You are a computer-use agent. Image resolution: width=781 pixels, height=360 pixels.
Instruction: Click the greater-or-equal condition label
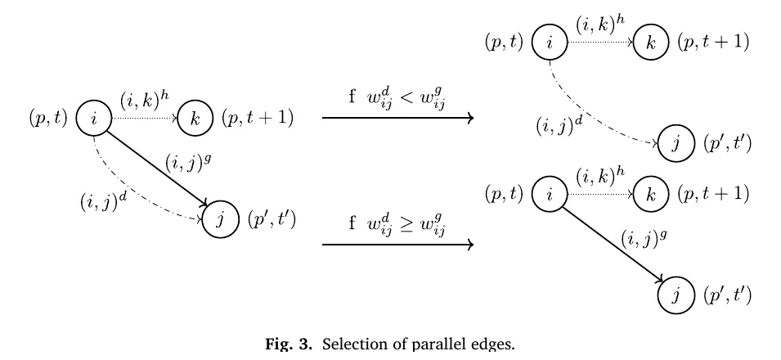tap(397, 224)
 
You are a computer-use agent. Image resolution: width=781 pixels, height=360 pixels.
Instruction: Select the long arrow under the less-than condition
tap(397, 118)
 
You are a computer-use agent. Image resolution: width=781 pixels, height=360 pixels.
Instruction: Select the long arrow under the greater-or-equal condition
tap(397, 245)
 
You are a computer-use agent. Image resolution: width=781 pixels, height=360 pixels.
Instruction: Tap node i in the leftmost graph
tap(94, 119)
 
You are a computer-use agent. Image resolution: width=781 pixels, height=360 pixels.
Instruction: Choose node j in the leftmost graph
tap(220, 220)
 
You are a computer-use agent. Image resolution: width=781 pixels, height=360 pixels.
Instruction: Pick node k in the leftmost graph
tap(195, 119)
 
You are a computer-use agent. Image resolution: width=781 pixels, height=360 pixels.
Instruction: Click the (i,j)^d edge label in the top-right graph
tap(559, 125)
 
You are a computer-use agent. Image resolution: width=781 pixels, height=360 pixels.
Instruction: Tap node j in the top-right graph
tap(676, 144)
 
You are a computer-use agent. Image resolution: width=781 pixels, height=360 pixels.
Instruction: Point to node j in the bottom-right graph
tap(676, 296)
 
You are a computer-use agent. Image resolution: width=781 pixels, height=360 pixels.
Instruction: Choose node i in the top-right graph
tap(550, 43)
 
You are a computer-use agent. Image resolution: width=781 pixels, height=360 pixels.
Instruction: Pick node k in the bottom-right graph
tap(650, 195)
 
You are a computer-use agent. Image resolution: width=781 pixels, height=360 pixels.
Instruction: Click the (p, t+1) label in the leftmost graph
tap(258, 119)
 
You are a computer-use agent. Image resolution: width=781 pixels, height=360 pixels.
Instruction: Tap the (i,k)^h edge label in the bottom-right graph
tap(600, 177)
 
